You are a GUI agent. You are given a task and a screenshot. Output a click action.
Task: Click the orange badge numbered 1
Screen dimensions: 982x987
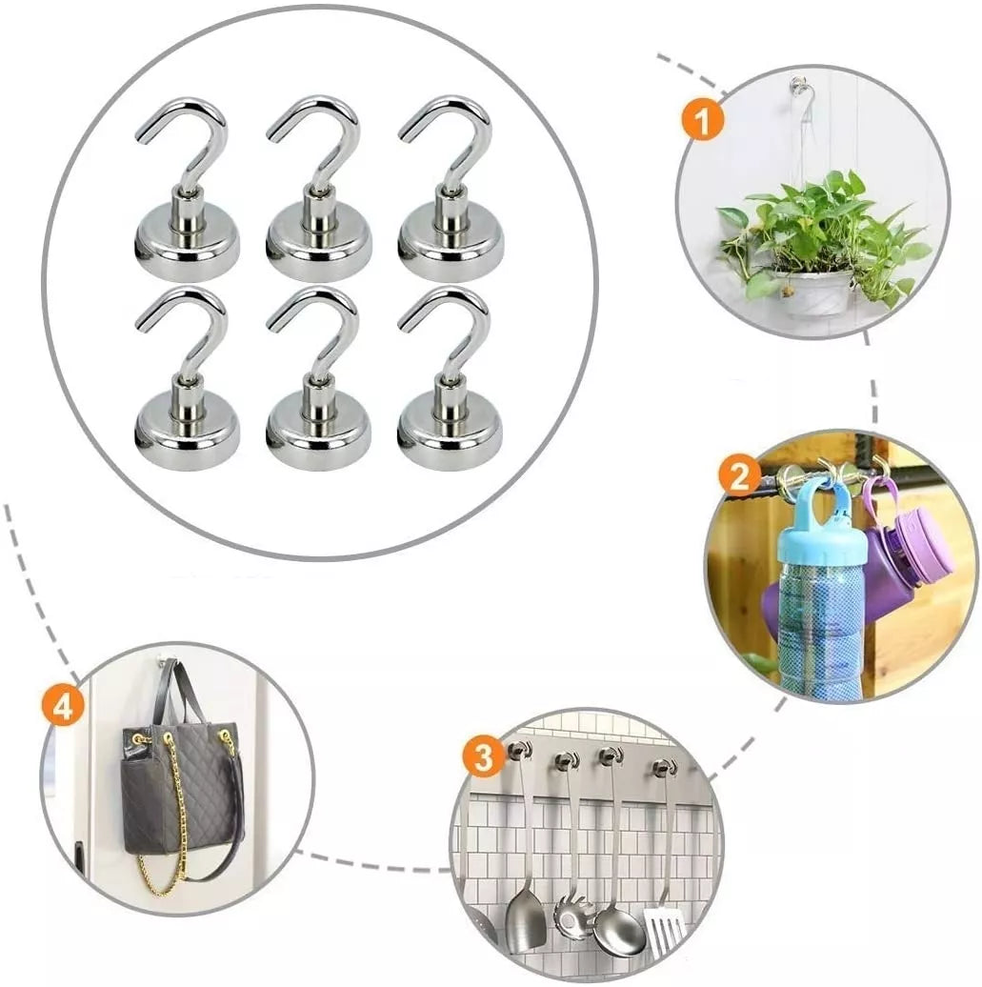point(703,121)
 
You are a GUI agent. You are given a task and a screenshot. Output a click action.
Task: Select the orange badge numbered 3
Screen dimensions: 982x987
point(484,757)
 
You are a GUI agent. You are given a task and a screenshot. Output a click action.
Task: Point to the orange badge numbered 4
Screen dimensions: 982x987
point(62,707)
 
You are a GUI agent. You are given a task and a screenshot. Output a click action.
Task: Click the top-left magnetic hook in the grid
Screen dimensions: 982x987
point(187,188)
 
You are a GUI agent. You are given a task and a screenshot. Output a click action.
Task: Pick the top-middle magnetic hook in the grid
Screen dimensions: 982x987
point(318,188)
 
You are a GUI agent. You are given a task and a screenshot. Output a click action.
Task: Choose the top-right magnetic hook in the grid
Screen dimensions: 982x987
point(451,188)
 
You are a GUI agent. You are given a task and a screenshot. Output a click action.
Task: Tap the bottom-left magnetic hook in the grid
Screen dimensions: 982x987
point(187,378)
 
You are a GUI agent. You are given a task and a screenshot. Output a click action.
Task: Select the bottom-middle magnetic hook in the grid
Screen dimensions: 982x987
point(318,378)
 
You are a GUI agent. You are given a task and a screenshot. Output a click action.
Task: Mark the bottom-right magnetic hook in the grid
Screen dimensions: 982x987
point(451,378)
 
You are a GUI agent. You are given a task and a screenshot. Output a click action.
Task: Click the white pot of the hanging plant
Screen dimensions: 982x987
point(812,292)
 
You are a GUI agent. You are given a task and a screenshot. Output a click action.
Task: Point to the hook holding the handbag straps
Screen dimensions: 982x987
point(165,662)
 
